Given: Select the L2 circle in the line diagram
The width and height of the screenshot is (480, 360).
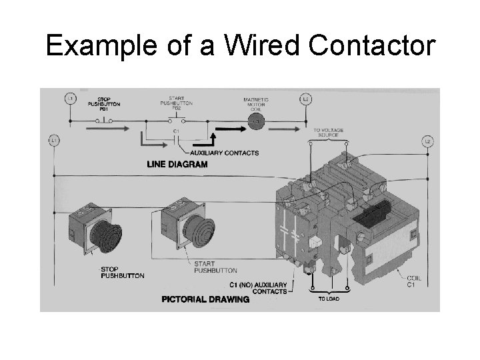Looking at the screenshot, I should coord(306,99).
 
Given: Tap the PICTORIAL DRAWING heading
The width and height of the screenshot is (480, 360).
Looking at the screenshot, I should coord(205,299).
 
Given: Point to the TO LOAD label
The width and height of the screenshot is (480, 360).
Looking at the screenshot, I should coord(327,299).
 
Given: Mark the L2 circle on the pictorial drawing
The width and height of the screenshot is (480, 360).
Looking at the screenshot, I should coord(428,141).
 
